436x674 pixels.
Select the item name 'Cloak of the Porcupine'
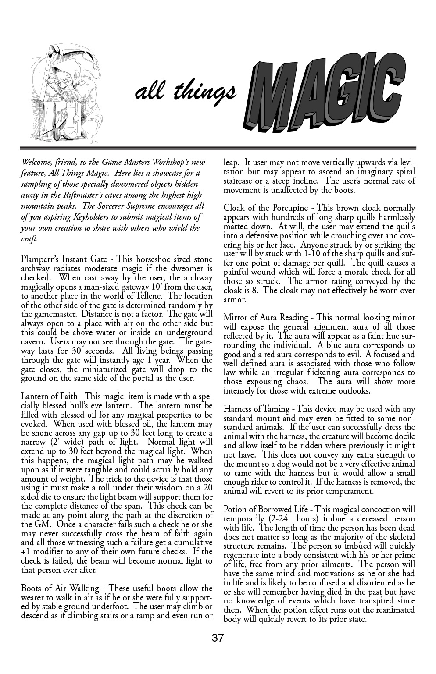pyautogui.click(x=266, y=208)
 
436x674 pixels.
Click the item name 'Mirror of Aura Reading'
pyautogui.click(x=266, y=317)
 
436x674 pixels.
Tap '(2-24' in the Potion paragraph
pyautogui.click(x=280, y=519)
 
